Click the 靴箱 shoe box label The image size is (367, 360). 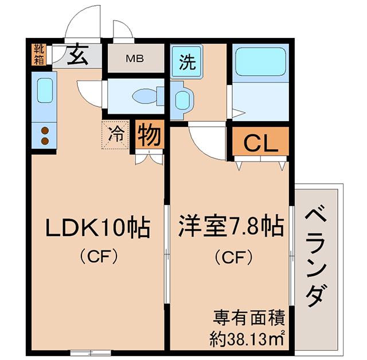pyautogui.click(x=39, y=55)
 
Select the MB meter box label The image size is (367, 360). pyautogui.click(x=135, y=59)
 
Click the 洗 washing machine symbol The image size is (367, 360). pyautogui.click(x=187, y=61)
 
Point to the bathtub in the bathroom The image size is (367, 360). pyautogui.click(x=260, y=61)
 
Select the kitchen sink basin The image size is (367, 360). pyautogui.click(x=45, y=90)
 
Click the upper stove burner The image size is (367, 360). pyautogui.click(x=45, y=130)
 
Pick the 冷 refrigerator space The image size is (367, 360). pyautogui.click(x=115, y=135)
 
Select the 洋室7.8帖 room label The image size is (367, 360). pyautogui.click(x=231, y=226)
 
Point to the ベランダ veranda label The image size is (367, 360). pyautogui.click(x=316, y=256)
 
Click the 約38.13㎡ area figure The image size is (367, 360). pyautogui.click(x=247, y=339)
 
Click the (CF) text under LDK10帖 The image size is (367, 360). pyautogui.click(x=99, y=257)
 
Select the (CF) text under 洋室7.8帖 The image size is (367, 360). pyautogui.click(x=234, y=257)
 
